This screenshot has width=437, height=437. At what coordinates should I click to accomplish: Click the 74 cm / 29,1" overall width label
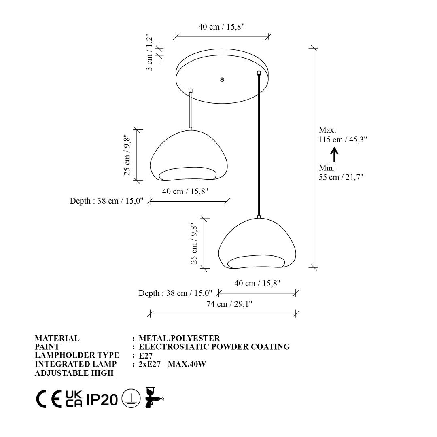pyautogui.click(x=229, y=304)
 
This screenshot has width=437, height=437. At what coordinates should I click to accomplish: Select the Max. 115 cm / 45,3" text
pyautogui.click(x=343, y=135)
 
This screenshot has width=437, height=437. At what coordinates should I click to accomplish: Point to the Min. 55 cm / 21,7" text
pyautogui.click(x=341, y=172)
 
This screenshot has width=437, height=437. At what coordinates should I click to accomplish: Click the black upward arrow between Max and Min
pyautogui.click(x=335, y=155)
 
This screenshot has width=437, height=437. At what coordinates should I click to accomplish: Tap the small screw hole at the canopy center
pyautogui.click(x=222, y=80)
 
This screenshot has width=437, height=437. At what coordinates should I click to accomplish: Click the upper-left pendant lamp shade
pyautogui.click(x=189, y=155)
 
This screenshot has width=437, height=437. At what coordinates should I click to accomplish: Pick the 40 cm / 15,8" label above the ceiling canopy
pyautogui.click(x=222, y=27)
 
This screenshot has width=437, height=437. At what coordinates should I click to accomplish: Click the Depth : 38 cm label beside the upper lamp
pyautogui.click(x=106, y=201)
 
